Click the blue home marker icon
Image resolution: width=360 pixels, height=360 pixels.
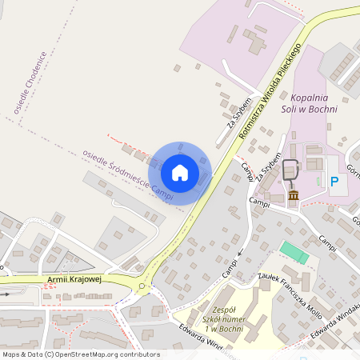(x=179, y=173)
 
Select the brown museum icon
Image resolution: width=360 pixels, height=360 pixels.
(x=293, y=195)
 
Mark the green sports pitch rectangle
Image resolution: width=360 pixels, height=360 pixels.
(x=294, y=254)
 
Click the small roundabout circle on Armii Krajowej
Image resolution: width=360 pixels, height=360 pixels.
(x=143, y=286)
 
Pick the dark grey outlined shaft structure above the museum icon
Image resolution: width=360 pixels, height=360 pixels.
(x=290, y=170)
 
